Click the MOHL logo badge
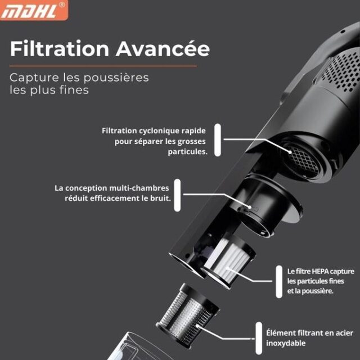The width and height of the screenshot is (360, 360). point(34,10)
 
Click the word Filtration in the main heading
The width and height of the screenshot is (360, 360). point(60,49)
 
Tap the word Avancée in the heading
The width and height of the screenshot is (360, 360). point(163,49)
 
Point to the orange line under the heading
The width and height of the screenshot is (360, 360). point(103,66)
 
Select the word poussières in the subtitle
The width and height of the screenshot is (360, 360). point(116,78)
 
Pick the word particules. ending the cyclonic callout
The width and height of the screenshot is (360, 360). point(187,152)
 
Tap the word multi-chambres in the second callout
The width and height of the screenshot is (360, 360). point(139,188)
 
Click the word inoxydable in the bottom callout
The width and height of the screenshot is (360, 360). point(286,343)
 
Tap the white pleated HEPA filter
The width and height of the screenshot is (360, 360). point(228,262)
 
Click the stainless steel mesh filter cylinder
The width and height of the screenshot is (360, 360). point(187,315)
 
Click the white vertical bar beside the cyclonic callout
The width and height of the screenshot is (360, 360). point(218,140)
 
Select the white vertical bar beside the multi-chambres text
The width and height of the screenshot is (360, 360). point(177,195)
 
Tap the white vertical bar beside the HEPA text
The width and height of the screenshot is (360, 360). point(279,282)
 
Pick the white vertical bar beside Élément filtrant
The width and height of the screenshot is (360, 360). point(259,338)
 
